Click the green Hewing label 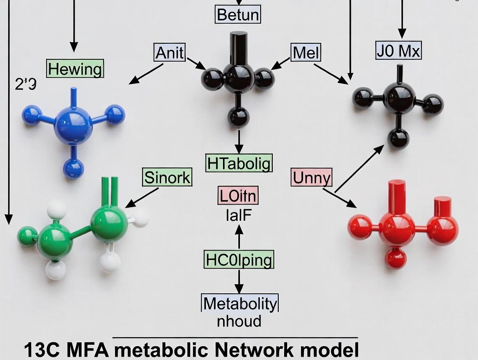(75, 69)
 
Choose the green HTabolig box (239, 163)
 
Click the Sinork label (167, 177)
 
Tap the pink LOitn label (238, 196)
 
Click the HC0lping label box (239, 260)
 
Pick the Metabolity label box (239, 304)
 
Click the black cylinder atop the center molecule (239, 48)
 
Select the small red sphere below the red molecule (396, 258)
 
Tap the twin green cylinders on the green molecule (110, 191)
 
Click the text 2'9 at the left (25, 84)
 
